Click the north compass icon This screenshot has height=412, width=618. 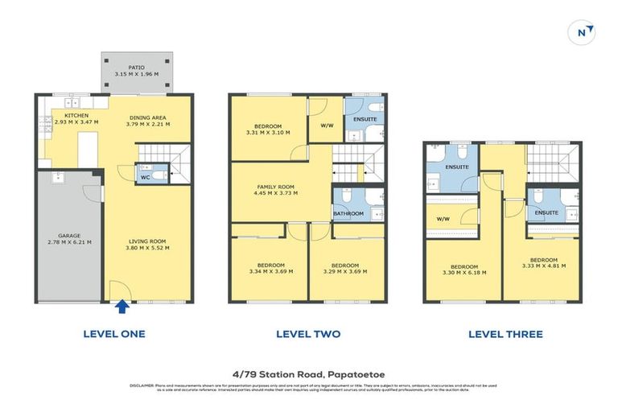(x=584, y=33)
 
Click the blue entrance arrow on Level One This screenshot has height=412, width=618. (x=121, y=306)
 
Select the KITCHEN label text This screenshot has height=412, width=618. (x=76, y=116)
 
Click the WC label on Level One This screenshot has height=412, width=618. (x=145, y=177)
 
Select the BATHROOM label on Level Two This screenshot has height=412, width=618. (x=348, y=213)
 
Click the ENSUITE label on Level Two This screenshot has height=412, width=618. (x=365, y=119)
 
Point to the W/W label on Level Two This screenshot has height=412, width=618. (x=326, y=125)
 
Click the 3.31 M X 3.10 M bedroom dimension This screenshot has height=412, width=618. (x=268, y=133)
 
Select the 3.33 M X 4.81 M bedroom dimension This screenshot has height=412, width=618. (x=543, y=266)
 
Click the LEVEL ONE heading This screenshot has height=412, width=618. (x=114, y=334)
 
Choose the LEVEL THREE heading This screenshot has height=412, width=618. (x=505, y=334)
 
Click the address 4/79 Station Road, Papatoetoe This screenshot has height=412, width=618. (x=308, y=373)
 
